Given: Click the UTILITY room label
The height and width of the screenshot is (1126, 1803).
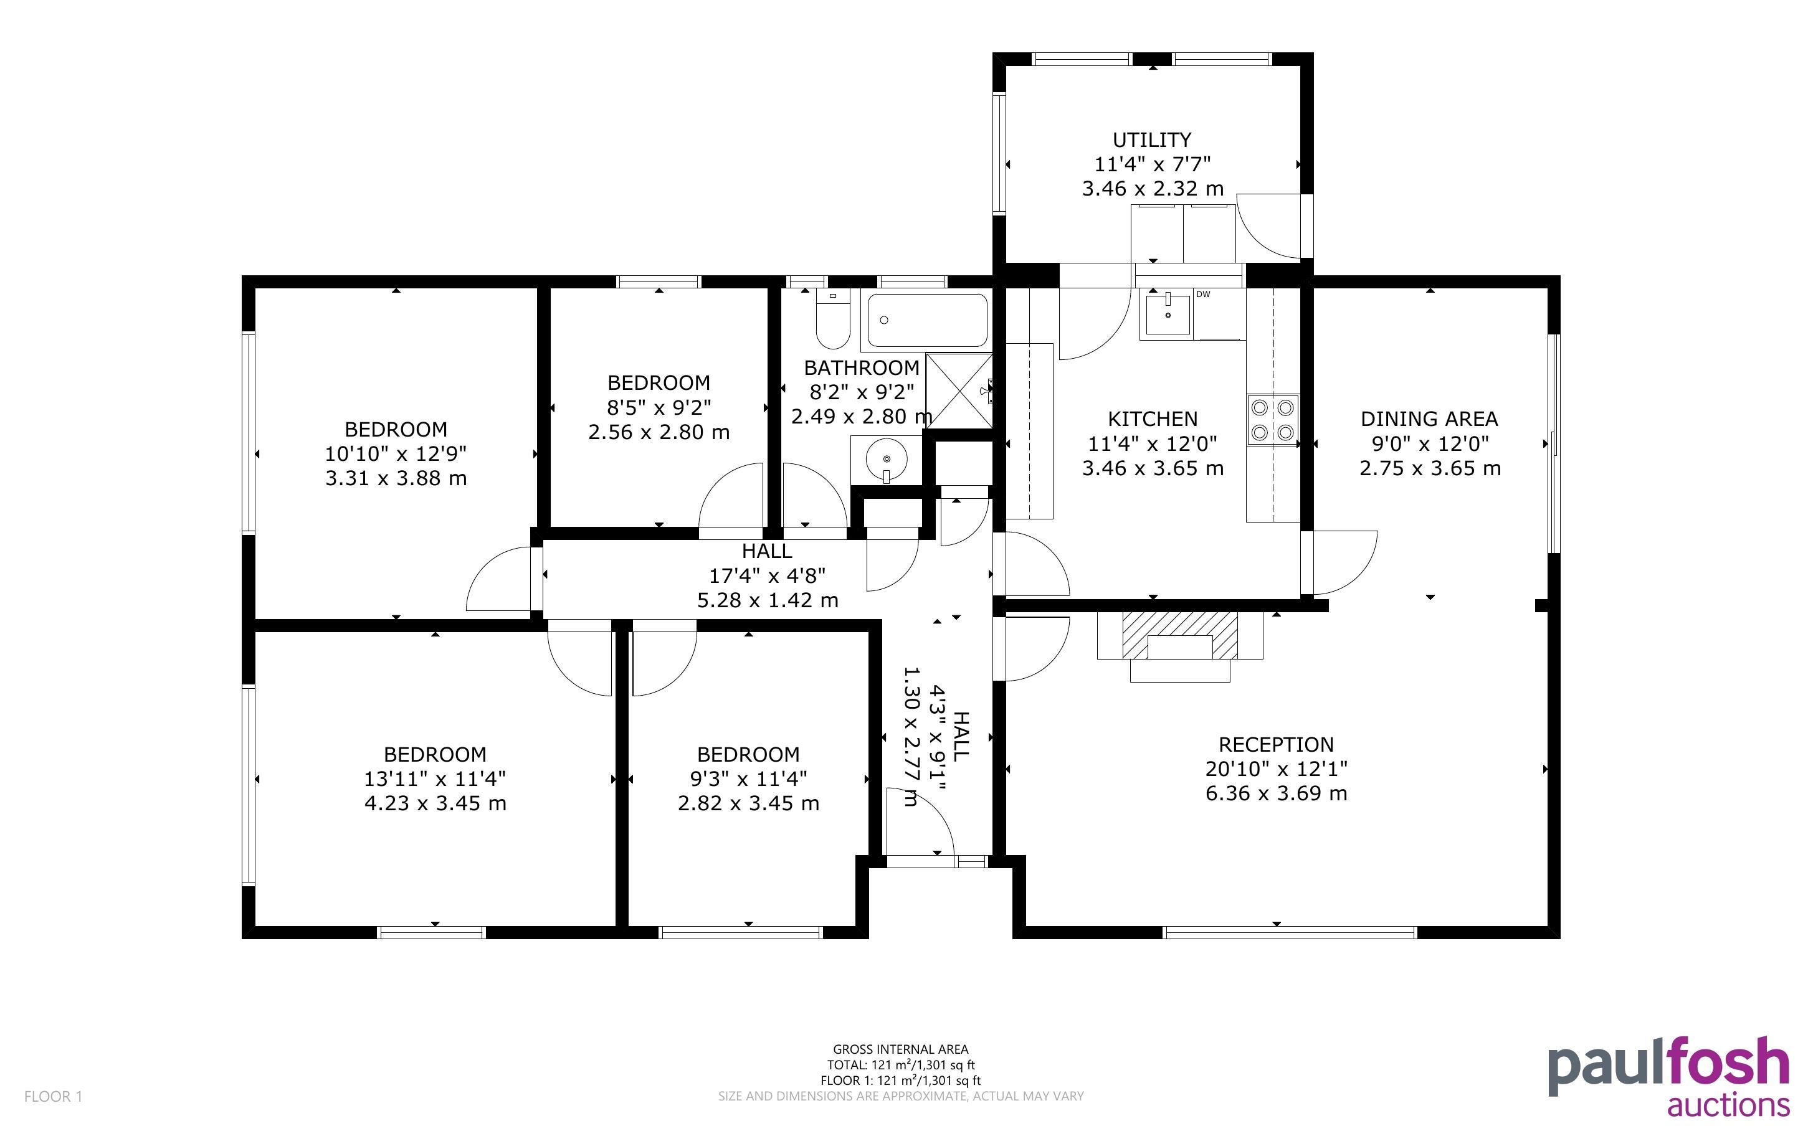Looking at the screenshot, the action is (x=1151, y=140).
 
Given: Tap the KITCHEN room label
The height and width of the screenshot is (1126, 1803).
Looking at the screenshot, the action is (x=1152, y=419).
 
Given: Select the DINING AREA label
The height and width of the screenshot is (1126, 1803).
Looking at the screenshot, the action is (x=1429, y=419).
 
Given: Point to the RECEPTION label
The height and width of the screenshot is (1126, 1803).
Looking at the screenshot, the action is (x=1276, y=745).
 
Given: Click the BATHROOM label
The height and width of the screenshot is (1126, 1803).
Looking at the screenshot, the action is (x=862, y=368).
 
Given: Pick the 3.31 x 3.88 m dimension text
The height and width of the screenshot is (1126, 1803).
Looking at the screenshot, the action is (x=396, y=478).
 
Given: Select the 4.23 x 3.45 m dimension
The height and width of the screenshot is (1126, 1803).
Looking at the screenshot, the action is (x=435, y=803).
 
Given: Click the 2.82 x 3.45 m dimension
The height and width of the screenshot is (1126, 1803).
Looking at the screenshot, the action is (x=748, y=803).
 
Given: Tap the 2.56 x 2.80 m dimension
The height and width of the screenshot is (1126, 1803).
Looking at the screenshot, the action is (x=659, y=432).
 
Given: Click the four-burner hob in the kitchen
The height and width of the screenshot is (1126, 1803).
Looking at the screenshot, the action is (x=1273, y=420).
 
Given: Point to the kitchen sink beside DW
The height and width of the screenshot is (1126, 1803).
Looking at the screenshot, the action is (x=1167, y=313).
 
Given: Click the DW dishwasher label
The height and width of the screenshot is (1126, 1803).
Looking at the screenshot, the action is (x=1204, y=294).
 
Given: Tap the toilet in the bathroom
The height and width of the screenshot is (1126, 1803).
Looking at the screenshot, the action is (x=832, y=319).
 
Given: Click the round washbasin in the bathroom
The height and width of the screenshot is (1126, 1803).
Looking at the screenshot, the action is (x=886, y=457).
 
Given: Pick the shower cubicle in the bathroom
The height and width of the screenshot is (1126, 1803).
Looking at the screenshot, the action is (x=960, y=391).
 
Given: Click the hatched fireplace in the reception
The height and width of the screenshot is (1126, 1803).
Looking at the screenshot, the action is (x=1179, y=636).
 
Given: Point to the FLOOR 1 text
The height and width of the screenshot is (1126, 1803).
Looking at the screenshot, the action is (x=53, y=1096).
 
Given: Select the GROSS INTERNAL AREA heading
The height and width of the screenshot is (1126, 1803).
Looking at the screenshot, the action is (x=900, y=1050).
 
